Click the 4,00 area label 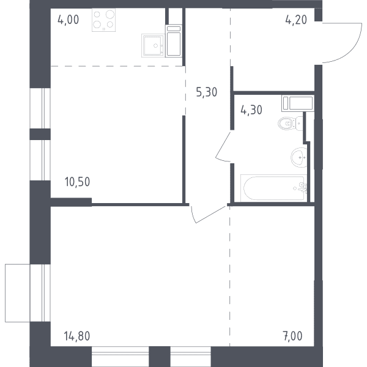coord(68,20)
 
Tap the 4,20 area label coord(296,20)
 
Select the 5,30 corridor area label coord(207,92)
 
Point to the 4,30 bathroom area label coord(251,110)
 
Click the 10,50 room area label coord(77,182)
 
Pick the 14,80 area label coord(77,336)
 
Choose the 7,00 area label coord(292,336)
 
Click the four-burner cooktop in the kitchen coord(104,20)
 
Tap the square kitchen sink coord(153,45)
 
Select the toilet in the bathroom coord(290,123)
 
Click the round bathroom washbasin coord(298,158)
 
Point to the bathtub coord(273,188)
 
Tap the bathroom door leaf coord(223,144)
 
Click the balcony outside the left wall coord(18,293)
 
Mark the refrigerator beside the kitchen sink coord(174,41)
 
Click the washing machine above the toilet coord(298,103)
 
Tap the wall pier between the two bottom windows coord(160,357)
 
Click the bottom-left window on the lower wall coord(120,357)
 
